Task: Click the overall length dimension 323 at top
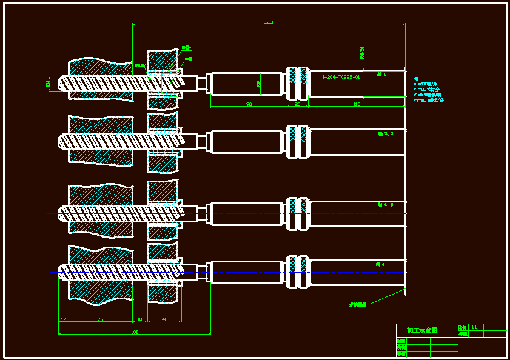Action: coord(268,22)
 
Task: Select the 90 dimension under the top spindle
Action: coord(249,104)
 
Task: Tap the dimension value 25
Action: coord(297,104)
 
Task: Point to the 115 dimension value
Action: coord(356,104)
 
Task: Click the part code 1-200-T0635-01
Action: coord(341,77)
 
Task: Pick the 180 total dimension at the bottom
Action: coord(135,332)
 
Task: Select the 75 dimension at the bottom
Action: coord(100,319)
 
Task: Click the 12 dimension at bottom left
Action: coord(63,319)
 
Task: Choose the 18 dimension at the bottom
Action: coord(139,319)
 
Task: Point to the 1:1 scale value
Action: coord(474,327)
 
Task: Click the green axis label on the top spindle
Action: coord(381,74)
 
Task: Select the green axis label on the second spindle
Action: coord(385,133)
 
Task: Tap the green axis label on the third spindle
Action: coord(385,205)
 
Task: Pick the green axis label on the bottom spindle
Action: coord(380,264)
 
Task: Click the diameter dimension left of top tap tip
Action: coord(48,83)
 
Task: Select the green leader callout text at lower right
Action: coord(357,304)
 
